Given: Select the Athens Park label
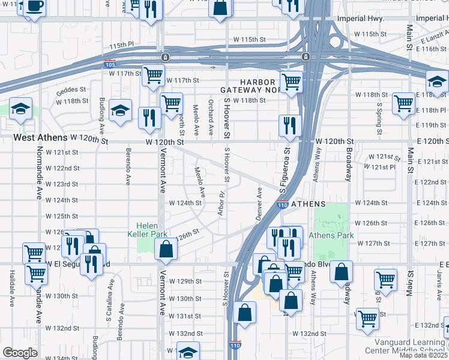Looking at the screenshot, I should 331,235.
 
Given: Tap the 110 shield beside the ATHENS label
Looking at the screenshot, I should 283,205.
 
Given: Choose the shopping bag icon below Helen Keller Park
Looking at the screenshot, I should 166,248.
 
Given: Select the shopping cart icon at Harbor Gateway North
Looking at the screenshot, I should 291,80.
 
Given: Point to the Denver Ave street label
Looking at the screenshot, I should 260,204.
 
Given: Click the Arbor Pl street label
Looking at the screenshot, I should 221,202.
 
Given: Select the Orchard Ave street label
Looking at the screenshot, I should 211,117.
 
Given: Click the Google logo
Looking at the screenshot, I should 20,353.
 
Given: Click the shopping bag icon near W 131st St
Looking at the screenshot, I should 246,312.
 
